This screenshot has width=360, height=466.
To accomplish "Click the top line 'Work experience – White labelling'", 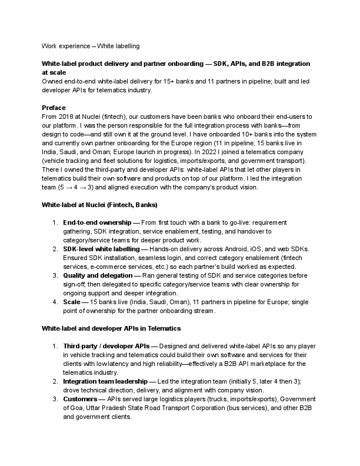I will (90, 46).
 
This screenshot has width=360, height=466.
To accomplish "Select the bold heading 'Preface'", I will (54, 108).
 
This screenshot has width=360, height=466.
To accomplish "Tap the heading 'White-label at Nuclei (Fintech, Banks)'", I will (99, 205).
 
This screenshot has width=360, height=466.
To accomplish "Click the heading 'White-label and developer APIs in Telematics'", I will (111, 327).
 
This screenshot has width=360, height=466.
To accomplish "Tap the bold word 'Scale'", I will (72, 302).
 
